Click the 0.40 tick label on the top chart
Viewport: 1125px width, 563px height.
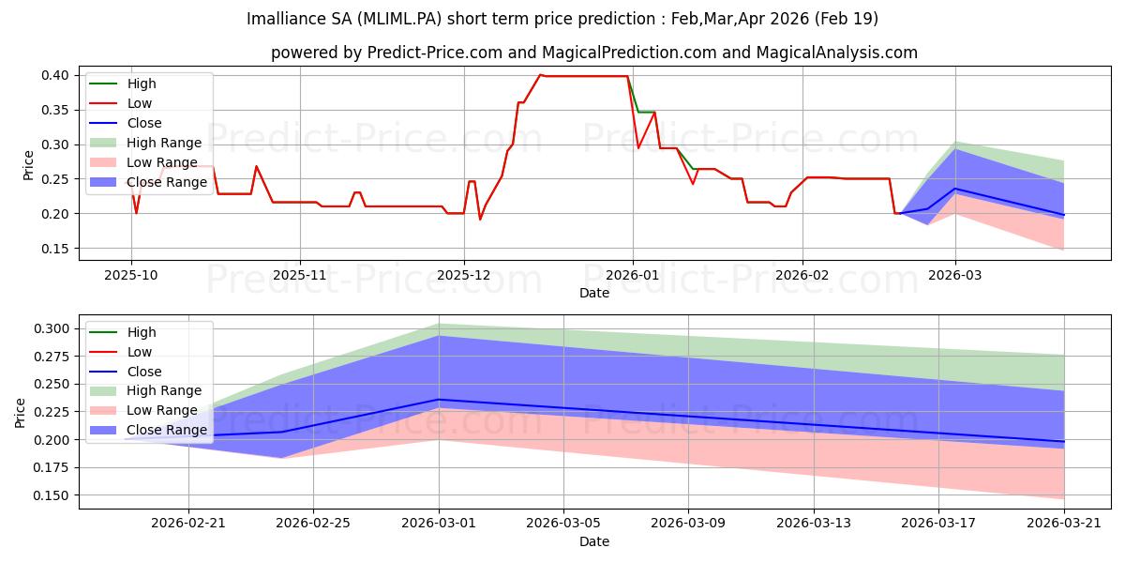click(55, 75)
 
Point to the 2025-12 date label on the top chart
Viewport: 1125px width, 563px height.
click(464, 275)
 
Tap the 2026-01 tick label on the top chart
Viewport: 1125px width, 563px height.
click(633, 275)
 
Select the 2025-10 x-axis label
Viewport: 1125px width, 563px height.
click(131, 275)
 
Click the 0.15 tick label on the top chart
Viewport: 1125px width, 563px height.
click(55, 249)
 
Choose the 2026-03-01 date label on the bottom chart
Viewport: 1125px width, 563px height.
click(439, 524)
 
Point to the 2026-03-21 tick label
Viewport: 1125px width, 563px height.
click(1064, 524)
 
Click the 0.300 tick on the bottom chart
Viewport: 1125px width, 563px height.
click(52, 328)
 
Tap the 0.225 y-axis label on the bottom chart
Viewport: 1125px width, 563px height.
click(52, 412)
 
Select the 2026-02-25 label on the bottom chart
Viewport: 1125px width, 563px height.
click(313, 524)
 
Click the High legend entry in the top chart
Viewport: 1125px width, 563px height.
click(123, 84)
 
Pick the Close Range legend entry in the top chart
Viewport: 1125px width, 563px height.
click(148, 182)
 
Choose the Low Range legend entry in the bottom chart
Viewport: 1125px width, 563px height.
click(143, 410)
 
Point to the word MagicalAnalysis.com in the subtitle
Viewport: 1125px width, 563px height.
click(836, 53)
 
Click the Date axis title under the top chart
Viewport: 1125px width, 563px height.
click(594, 293)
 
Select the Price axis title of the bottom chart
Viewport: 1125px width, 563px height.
click(20, 413)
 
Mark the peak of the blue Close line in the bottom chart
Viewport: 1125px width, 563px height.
click(439, 400)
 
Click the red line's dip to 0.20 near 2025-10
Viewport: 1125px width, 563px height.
click(136, 214)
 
